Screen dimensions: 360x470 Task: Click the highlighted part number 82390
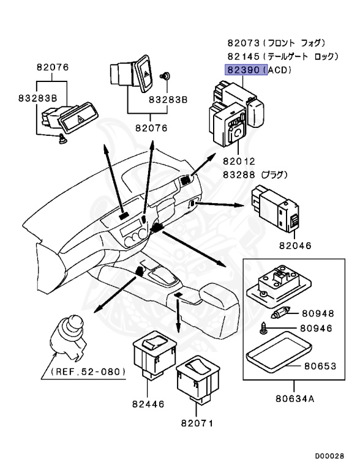pos(243,70)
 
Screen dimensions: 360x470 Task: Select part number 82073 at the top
pos(243,43)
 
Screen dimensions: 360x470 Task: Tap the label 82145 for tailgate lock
pos(243,56)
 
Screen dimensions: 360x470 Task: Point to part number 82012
pos(239,162)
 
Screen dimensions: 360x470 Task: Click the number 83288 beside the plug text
pos(239,174)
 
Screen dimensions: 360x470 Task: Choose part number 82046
pos(295,245)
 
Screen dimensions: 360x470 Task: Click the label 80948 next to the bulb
pos(318,313)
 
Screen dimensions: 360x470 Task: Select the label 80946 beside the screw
pos(316,329)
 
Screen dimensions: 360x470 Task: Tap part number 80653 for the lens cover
pos(320,366)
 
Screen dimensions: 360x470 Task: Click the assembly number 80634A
pos(295,399)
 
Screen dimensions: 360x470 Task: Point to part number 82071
pos(197,423)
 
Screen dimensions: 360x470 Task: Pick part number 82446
pos(148,404)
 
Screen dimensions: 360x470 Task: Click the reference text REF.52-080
pos(88,372)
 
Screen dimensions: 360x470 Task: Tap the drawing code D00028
pos(329,456)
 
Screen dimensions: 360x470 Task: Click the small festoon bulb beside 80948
pos(280,314)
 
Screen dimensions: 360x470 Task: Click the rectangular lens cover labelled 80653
pos(279,351)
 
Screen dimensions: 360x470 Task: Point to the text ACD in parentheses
pos(279,70)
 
